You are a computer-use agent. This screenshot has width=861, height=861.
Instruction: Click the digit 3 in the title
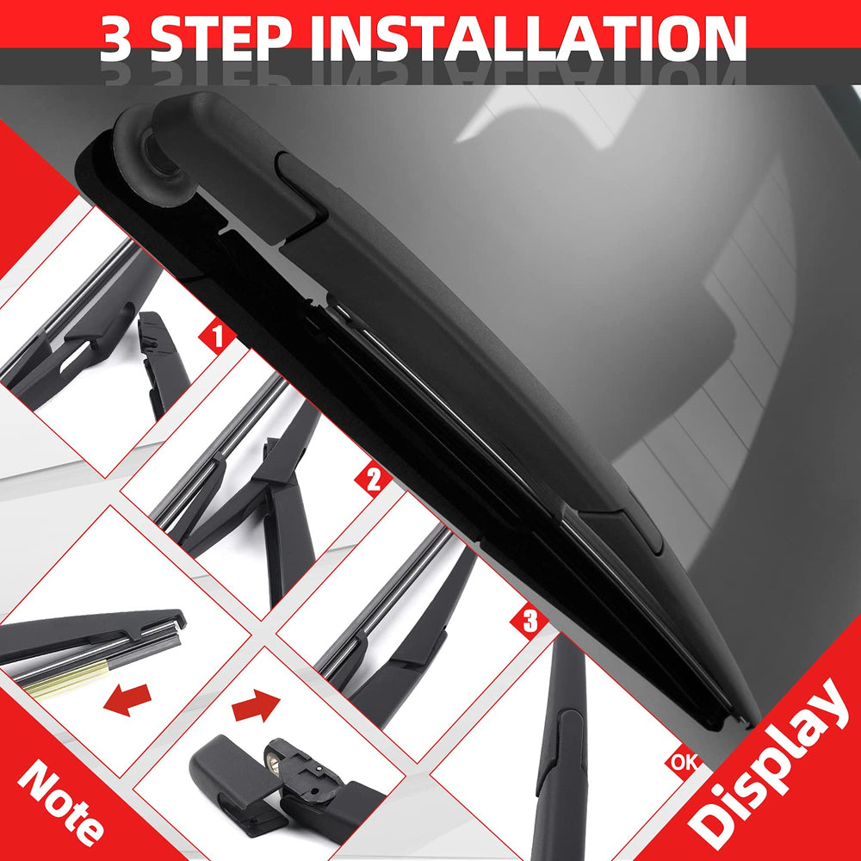point(116,37)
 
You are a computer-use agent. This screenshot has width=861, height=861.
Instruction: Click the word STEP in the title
point(220,37)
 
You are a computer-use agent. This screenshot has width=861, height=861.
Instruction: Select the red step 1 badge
point(218,336)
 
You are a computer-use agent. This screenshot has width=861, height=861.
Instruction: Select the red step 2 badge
point(374,480)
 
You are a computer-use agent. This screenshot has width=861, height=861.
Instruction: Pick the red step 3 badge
point(530,621)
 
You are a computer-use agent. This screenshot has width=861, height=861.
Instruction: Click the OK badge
point(684,762)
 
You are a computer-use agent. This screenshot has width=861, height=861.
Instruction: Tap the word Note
point(60,802)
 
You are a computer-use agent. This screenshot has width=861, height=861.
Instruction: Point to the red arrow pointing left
point(127,699)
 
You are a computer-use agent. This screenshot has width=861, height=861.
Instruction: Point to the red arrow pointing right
point(256,706)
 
